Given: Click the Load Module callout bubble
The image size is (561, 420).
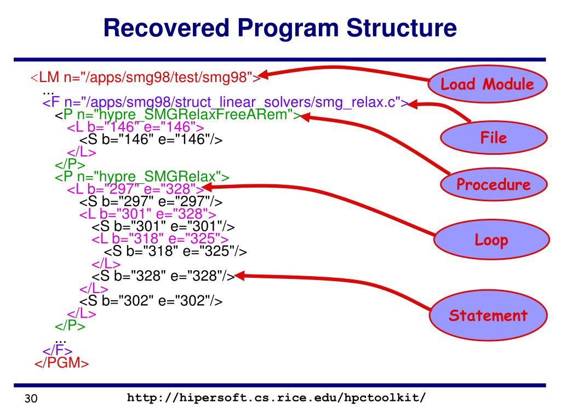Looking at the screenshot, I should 487,84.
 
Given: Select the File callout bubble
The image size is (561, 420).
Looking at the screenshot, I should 494,137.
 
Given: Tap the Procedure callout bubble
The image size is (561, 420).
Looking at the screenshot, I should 494,184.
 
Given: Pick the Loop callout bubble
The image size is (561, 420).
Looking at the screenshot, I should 491,240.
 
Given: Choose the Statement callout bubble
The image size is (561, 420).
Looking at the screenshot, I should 488,316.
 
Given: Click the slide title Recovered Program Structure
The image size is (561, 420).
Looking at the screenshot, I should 280,28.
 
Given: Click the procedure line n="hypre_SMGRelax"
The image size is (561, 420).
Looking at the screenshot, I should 141,177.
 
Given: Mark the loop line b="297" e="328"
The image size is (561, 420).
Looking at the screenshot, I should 135,189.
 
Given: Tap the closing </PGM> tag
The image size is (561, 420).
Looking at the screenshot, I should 61,364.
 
